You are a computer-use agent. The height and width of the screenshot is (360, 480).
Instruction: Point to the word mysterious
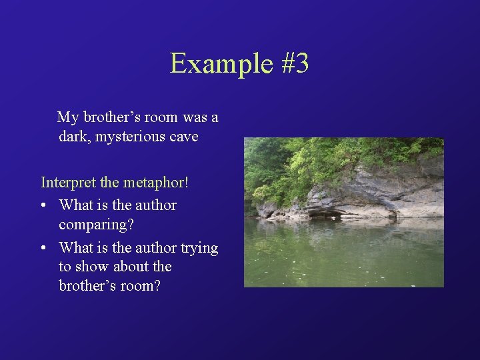click(130, 137)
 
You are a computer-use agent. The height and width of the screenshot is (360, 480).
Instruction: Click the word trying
click(199, 248)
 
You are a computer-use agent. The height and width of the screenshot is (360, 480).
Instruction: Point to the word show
click(93, 267)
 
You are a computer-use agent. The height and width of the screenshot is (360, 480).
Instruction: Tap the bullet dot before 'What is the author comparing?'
click(43, 205)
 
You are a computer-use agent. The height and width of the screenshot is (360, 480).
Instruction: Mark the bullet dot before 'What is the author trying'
click(43, 248)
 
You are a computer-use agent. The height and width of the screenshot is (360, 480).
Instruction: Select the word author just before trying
click(156, 248)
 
